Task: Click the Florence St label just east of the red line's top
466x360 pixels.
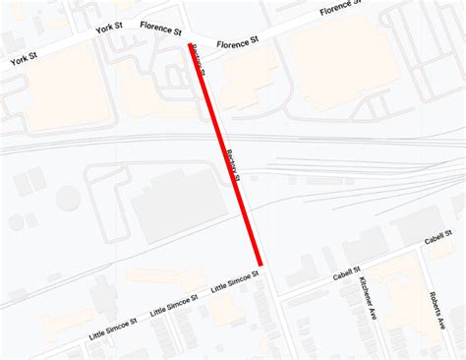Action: pyautogui.click(x=237, y=42)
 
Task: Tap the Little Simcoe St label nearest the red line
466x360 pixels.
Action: pyautogui.click(x=234, y=283)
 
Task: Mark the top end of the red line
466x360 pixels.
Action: pyautogui.click(x=191, y=43)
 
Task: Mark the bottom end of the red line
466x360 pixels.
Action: pyautogui.click(x=261, y=264)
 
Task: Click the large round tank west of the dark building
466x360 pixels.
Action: pyautogui.click(x=68, y=198)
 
